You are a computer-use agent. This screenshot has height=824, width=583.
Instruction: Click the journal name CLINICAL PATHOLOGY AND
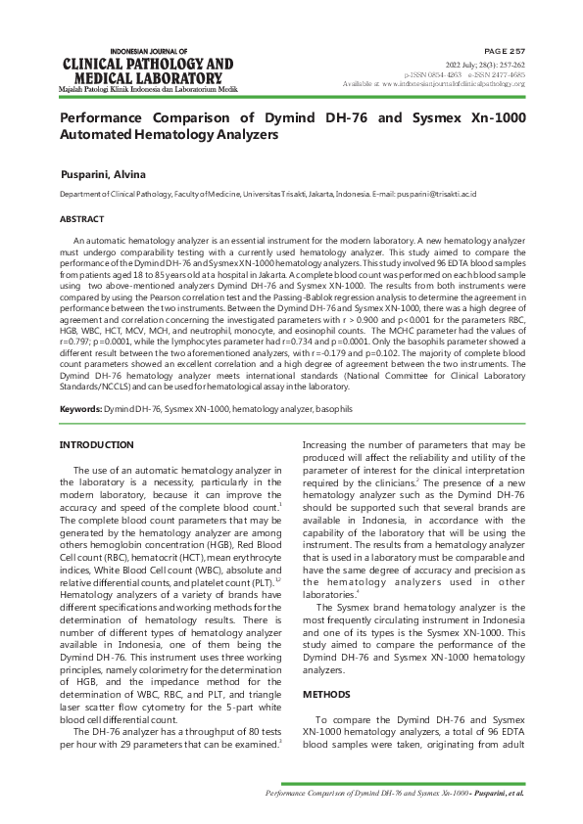148,65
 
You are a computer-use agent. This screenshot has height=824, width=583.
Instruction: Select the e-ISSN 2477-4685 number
497,74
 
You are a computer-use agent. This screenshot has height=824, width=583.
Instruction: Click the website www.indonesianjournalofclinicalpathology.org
455,84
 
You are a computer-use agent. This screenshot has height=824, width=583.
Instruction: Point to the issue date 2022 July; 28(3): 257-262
485,64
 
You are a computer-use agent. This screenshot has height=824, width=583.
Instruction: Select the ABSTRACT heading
82,220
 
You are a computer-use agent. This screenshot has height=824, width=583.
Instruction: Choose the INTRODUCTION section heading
97,445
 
